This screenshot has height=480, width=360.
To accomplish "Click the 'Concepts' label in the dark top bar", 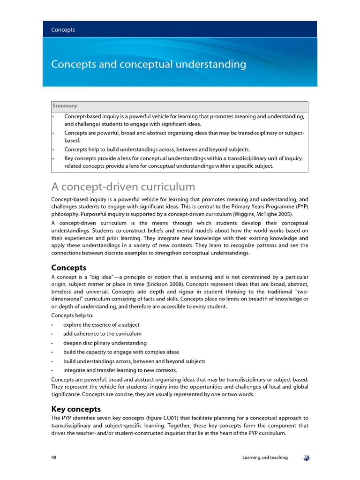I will tap(63, 30).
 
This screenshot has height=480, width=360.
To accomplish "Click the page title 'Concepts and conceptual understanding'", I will tap(148, 64).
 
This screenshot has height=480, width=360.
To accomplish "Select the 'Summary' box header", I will tap(65, 106).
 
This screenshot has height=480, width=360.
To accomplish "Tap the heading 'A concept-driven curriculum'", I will tap(123, 187).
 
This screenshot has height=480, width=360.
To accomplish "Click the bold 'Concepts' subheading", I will tap(68, 268).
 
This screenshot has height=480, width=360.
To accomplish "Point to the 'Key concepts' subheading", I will tap(75, 409).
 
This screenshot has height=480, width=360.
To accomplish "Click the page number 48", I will tap(54, 457).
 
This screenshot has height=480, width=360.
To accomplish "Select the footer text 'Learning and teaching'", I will tap(265, 457).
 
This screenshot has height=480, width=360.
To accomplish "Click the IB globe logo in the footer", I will tap(306, 457).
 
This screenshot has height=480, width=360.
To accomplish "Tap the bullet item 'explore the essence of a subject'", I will tap(101, 325).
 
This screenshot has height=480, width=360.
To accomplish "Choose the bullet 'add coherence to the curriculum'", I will tap(102, 334).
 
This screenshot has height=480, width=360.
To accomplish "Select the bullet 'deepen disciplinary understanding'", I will tap(105, 343).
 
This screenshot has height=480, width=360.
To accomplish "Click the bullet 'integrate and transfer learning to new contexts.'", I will tap(120, 370).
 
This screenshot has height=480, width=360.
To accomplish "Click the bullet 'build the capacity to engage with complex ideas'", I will tap(121, 352).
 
